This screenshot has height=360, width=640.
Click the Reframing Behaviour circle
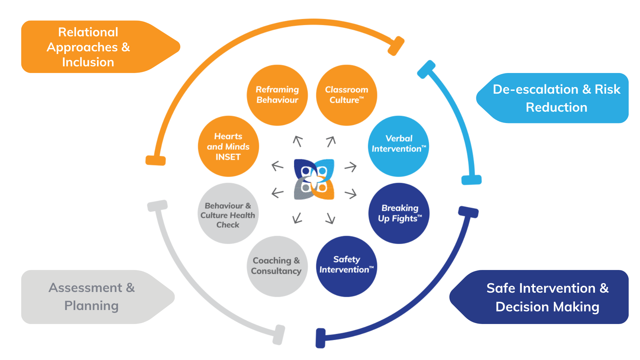click(x=277, y=95)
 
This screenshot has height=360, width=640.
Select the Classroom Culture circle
click(x=347, y=95)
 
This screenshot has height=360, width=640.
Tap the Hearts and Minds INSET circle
click(x=228, y=146)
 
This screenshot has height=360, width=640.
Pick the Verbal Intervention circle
click(x=399, y=146)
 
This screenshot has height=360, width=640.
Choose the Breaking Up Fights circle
click(x=399, y=213)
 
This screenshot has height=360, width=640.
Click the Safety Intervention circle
click(x=347, y=266)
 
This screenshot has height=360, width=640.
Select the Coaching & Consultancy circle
click(x=277, y=266)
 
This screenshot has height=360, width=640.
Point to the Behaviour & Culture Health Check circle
click(x=228, y=213)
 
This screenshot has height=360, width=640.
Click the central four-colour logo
click(x=314, y=179)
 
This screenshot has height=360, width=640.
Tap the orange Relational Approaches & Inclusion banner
click(x=100, y=47)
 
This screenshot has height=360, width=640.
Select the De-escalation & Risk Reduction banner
click(x=553, y=98)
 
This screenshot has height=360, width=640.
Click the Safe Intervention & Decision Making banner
click(x=539, y=297)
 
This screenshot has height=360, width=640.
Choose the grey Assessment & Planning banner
click(x=98, y=297)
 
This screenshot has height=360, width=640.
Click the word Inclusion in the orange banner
click(x=88, y=62)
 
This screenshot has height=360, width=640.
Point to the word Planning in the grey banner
click(x=91, y=306)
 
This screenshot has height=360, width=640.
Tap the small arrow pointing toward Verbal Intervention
click(x=351, y=166)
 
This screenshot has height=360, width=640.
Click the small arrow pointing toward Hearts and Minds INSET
click(x=277, y=166)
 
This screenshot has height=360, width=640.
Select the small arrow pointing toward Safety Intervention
click(x=330, y=218)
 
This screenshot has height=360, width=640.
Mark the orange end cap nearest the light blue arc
click(x=396, y=46)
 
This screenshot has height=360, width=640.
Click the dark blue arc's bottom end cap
click(x=320, y=338)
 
